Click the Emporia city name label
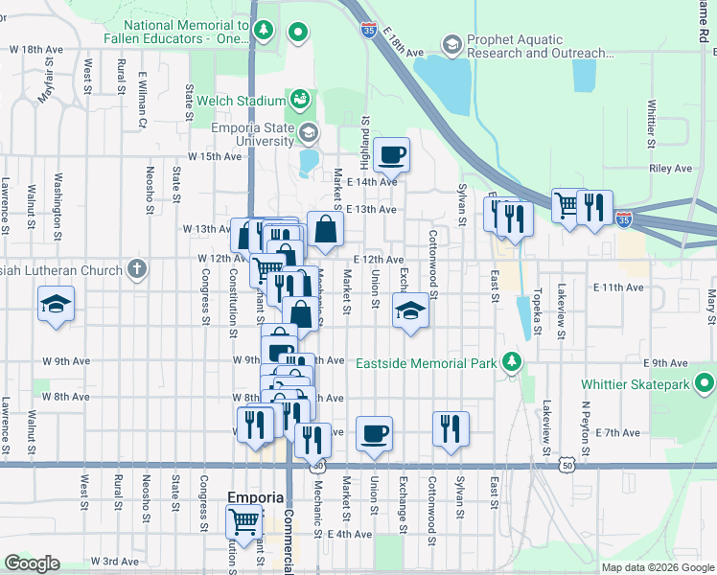pyautogui.click(x=256, y=497)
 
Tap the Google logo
pyautogui.click(x=32, y=563)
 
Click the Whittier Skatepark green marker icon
pyautogui.click(x=705, y=385)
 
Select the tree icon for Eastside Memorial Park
pyautogui.click(x=513, y=362)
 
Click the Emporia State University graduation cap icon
pyautogui.click(x=308, y=132)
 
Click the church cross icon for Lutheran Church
pyautogui.click(x=137, y=267)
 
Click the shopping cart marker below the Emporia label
pyautogui.click(x=243, y=521)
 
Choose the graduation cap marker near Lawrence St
pyautogui.click(x=56, y=306)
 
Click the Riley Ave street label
pyautogui.click(x=670, y=168)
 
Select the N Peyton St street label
pyautogui.click(x=585, y=420)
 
